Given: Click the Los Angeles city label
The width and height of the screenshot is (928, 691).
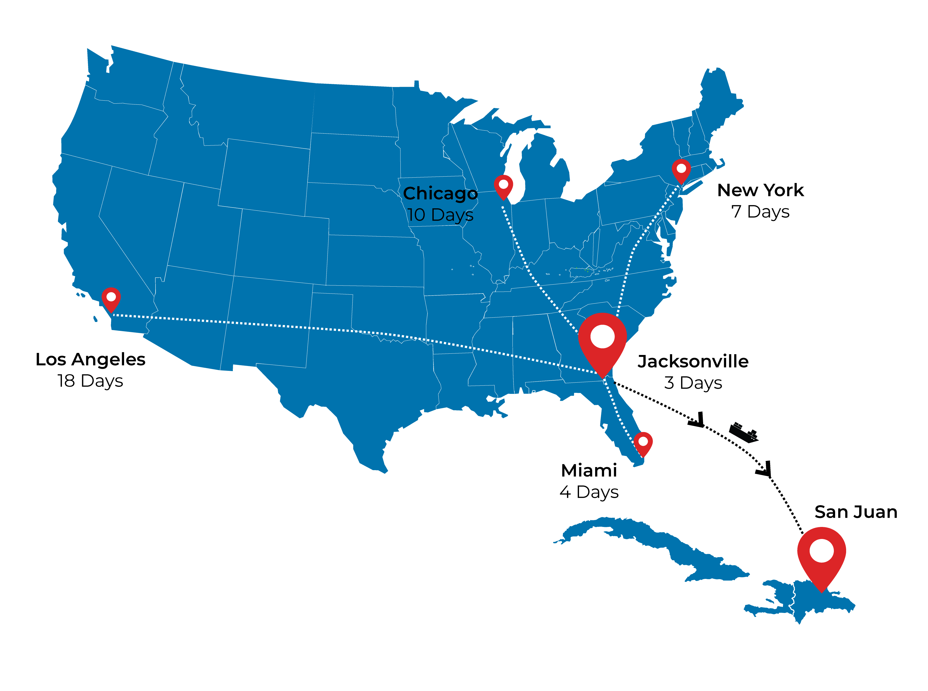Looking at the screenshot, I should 90,359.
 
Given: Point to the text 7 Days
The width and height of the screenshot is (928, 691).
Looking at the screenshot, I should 760,212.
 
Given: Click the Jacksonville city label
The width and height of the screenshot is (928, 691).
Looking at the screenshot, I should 693,361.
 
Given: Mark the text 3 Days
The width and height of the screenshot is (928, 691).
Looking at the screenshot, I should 693,383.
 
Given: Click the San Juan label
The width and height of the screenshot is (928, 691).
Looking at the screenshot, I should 856,512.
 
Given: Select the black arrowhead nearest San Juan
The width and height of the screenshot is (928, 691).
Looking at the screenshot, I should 765,470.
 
